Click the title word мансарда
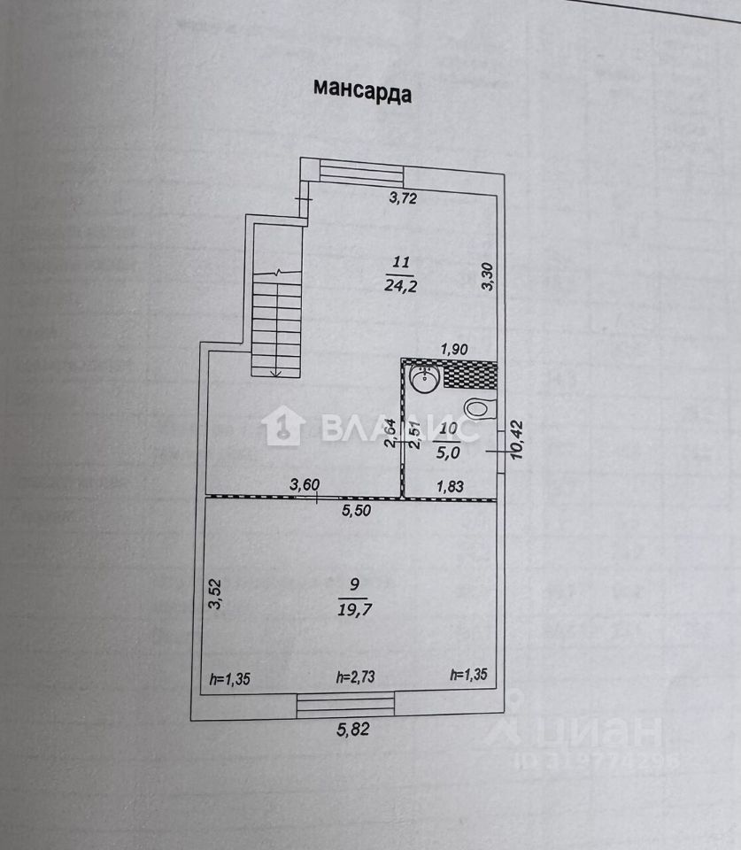coord(361,90)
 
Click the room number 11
coord(400,262)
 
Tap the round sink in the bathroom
coord(423,379)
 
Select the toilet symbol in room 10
coord(478,408)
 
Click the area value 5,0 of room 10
coord(448,452)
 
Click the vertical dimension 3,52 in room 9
coord(213,593)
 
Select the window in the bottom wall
coord(345,704)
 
